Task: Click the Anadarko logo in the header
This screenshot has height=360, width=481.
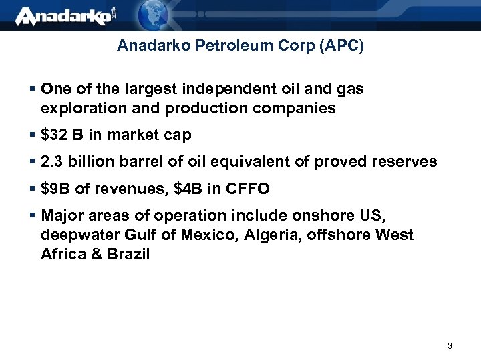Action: pyautogui.click(x=64, y=16)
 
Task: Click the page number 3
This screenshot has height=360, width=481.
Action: pyautogui.click(x=450, y=346)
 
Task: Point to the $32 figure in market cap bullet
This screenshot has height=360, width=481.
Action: pyautogui.click(x=54, y=135)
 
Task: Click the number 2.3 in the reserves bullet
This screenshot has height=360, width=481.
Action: pyautogui.click(x=50, y=162)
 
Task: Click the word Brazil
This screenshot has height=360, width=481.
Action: pyautogui.click(x=129, y=254)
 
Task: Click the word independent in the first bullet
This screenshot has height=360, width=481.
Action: pyautogui.click(x=220, y=89)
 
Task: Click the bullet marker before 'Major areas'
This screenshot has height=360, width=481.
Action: pyautogui.click(x=33, y=216)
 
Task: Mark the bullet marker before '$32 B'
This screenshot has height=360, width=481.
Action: pyautogui.click(x=33, y=135)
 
